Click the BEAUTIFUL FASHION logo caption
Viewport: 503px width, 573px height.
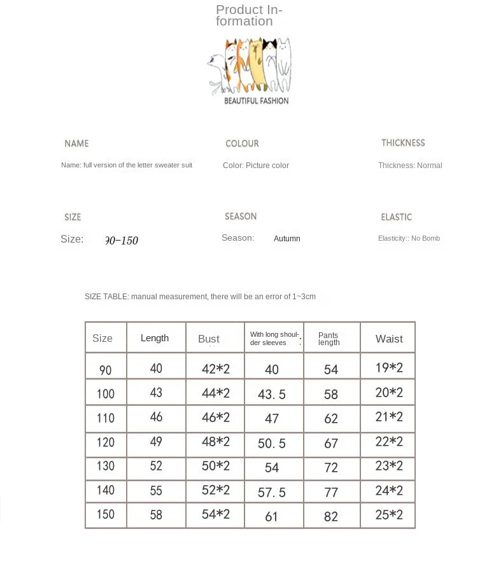(256, 101)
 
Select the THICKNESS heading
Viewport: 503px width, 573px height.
(403, 143)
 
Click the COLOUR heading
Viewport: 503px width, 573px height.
(242, 144)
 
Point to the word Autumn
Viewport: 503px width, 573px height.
(287, 239)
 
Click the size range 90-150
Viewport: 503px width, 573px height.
(121, 241)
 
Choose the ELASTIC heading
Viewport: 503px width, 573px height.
(396, 217)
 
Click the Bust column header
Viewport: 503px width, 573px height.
(209, 339)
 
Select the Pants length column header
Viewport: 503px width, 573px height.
(329, 339)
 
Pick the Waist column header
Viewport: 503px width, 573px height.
(389, 339)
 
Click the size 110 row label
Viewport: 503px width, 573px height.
(106, 418)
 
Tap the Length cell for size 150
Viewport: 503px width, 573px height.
(156, 515)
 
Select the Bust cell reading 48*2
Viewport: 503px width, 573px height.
(216, 442)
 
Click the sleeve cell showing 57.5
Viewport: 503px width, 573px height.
(272, 493)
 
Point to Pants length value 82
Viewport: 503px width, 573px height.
(331, 517)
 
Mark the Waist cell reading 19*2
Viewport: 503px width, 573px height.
(389, 367)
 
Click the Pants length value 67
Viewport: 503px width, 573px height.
(331, 443)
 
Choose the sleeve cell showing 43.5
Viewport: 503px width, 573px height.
(272, 395)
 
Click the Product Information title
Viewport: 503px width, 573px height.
(249, 15)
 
